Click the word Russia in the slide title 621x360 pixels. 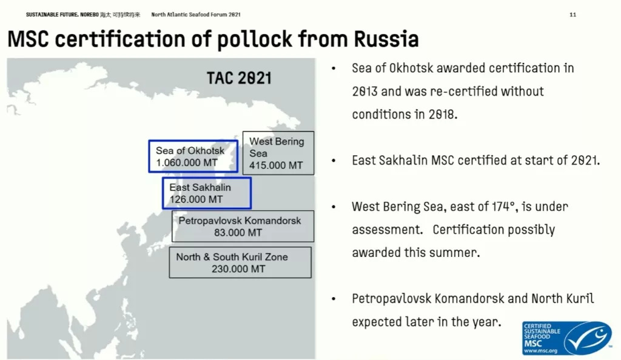click(386, 39)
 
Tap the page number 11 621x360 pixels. click(572, 15)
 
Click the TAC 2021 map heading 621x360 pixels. click(239, 78)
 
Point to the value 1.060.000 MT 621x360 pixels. click(187, 162)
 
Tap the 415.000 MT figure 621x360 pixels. click(276, 165)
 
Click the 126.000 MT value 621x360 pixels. click(196, 199)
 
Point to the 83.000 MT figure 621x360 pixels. click(238, 233)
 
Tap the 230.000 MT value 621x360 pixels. click(238, 269)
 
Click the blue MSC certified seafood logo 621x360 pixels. click(567, 338)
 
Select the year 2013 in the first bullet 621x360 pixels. click(364, 92)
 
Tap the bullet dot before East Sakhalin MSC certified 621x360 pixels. click(334, 161)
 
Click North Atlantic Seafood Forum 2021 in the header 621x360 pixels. click(196, 15)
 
